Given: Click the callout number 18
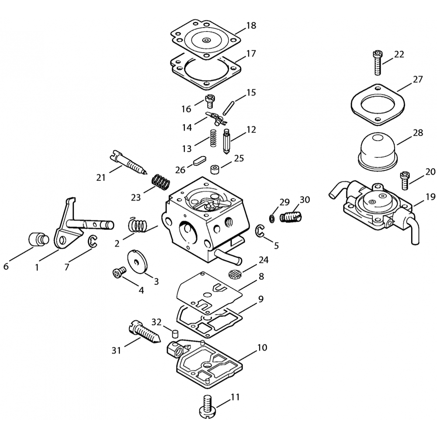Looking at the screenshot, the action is [251, 25].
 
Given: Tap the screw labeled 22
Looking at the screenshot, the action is [377, 62].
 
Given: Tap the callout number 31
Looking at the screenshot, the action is [116, 350].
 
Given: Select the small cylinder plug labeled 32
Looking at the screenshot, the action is [175, 333].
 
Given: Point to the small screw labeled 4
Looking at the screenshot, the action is [119, 272].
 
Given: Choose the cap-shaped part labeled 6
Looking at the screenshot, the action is [39, 239].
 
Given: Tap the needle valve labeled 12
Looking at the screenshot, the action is [226, 141].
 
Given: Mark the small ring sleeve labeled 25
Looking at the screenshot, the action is [215, 170].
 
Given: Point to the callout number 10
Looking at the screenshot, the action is [262, 347].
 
